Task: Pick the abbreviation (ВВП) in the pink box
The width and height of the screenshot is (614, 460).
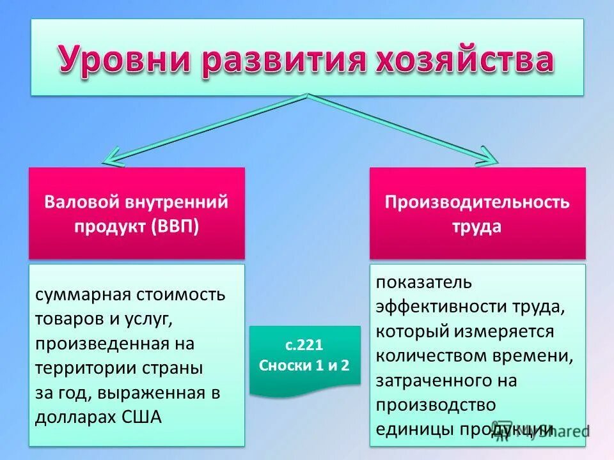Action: [175, 227]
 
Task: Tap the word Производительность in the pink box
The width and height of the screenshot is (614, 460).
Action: [476, 203]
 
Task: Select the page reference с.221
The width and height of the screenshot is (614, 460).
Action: [304, 345]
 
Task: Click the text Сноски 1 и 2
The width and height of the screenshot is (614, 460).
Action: [304, 365]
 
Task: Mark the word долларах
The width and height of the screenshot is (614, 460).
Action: [76, 417]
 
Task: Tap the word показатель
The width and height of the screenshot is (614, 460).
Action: [423, 282]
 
